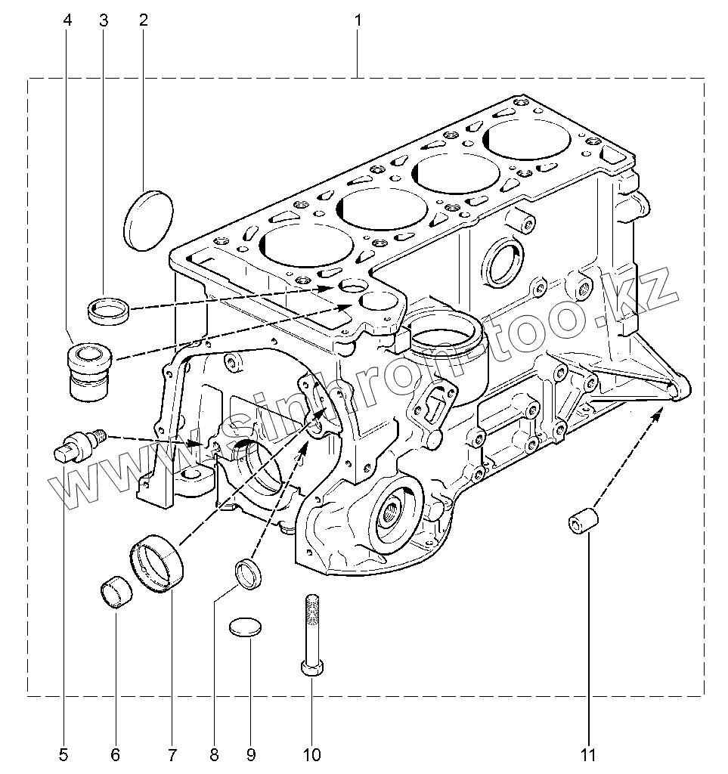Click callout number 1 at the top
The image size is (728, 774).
click(x=358, y=20)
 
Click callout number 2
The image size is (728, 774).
click(x=143, y=20)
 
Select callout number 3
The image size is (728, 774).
click(x=104, y=20)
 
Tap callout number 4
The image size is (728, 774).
click(x=68, y=20)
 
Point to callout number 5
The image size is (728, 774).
click(x=64, y=754)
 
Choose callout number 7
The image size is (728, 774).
click(x=172, y=754)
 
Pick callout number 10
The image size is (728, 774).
click(x=311, y=754)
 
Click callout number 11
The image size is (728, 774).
click(x=589, y=754)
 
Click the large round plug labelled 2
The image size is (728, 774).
click(x=147, y=219)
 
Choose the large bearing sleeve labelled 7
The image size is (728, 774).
click(x=159, y=563)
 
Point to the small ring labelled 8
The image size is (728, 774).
click(x=249, y=572)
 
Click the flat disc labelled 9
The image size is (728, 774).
click(x=247, y=627)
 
